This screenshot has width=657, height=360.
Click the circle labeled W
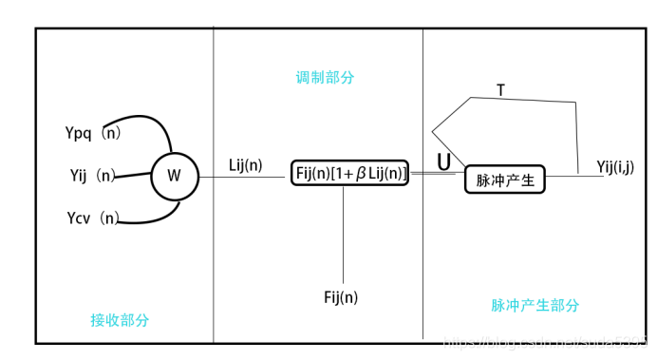coord(173,175)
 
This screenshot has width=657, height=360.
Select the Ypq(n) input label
coord(93,133)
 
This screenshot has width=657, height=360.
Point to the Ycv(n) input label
coord(93,218)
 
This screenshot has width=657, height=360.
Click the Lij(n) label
coord(245,165)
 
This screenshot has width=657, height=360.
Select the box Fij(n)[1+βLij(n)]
coord(349,173)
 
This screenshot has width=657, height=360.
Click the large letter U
coord(443,162)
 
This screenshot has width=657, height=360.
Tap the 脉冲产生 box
coord(505,179)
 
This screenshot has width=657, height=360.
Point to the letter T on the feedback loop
coord(500,90)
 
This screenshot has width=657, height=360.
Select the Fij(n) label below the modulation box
coord(341,297)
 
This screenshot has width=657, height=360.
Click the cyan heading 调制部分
coord(325,77)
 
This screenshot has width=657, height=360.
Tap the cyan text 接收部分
coord(120,320)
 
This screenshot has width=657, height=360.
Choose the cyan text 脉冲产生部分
coord(535,305)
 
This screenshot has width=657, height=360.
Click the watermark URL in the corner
coord(551,339)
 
